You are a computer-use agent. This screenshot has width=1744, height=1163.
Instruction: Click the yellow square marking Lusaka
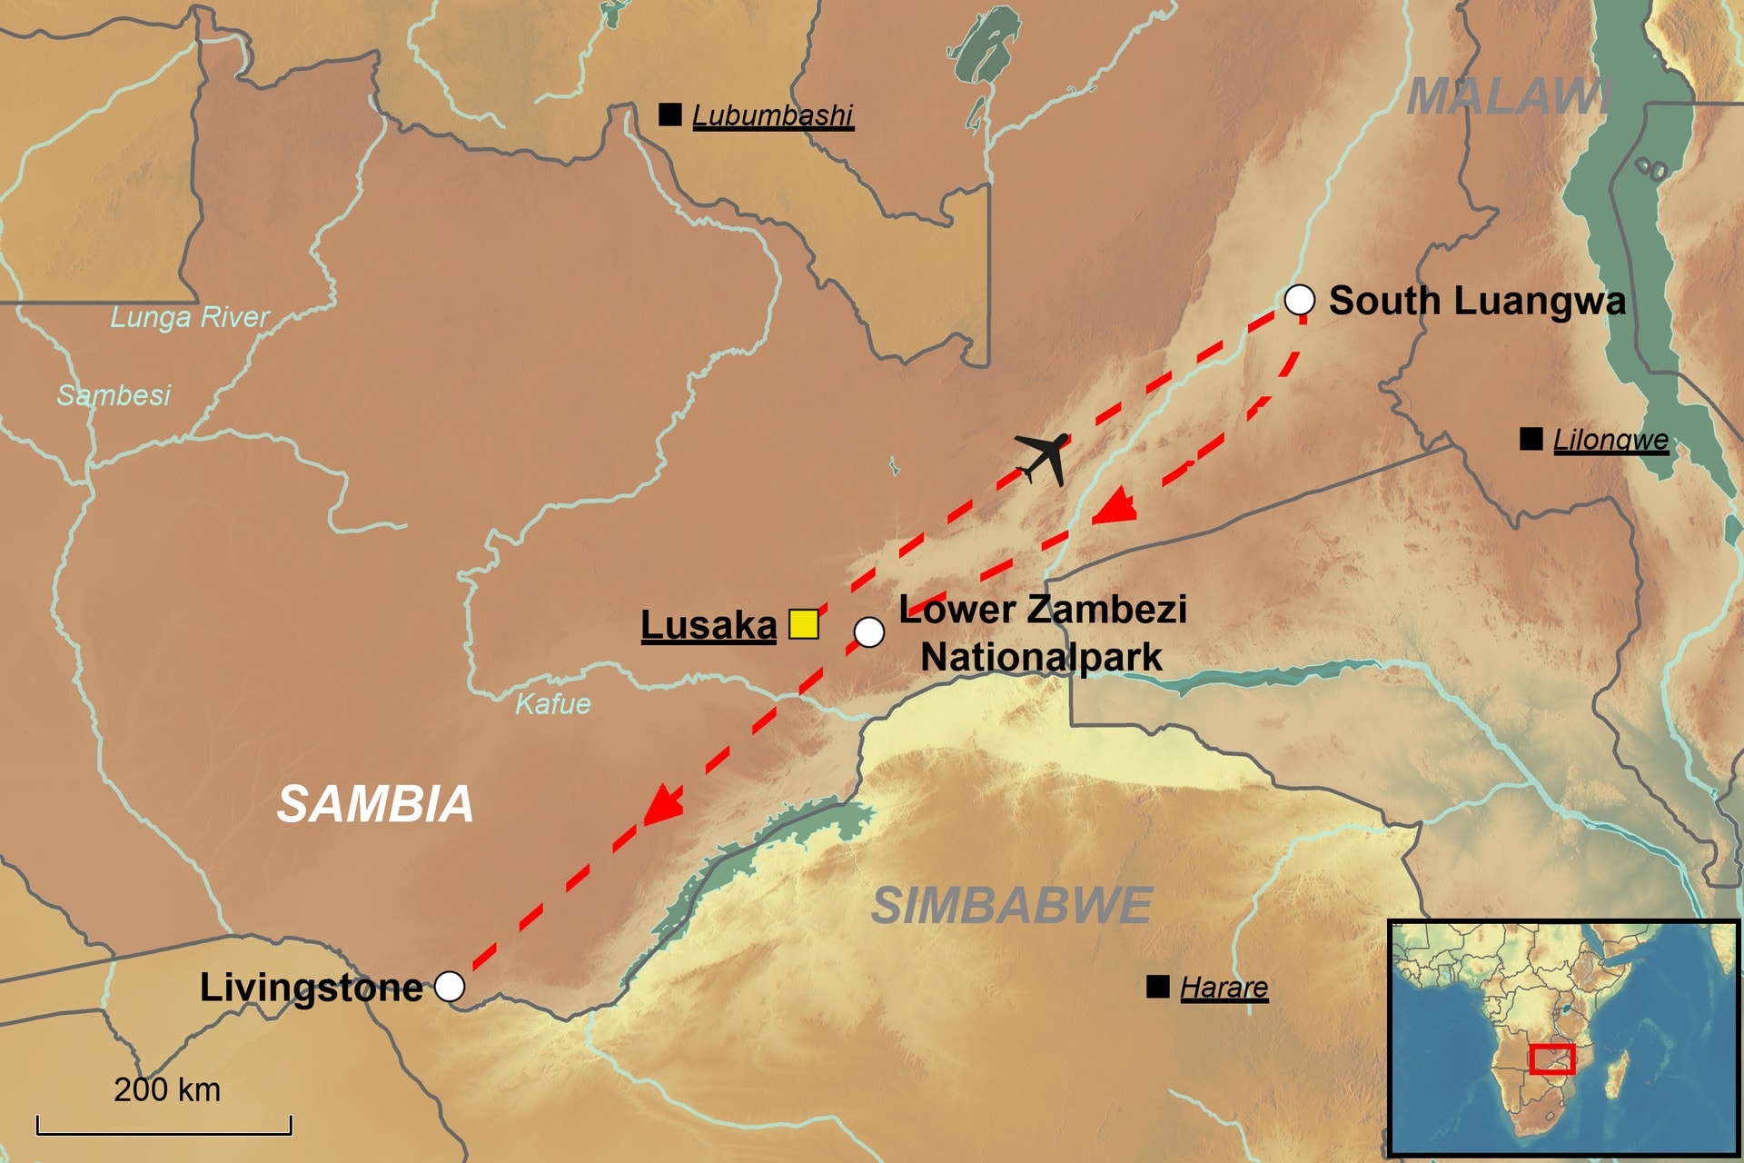[803, 624]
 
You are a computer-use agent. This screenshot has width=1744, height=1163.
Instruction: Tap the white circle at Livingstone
[450, 986]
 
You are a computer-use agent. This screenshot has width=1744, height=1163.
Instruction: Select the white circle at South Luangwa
[1299, 299]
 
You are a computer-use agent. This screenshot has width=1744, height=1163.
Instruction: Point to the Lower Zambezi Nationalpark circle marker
[869, 631]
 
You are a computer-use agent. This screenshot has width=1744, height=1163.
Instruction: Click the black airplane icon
[1044, 457]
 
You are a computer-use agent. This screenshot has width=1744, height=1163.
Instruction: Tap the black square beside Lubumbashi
[670, 114]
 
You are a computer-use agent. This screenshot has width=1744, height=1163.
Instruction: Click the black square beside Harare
[1158, 987]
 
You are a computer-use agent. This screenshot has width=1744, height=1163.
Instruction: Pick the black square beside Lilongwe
[1531, 439]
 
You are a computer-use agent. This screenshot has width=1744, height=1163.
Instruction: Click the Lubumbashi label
[772, 115]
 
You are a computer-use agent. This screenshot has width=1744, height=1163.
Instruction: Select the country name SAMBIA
[375, 804]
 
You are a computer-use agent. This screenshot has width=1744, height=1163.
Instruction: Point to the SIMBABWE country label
[1011, 906]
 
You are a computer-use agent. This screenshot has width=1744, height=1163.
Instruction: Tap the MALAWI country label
[1508, 96]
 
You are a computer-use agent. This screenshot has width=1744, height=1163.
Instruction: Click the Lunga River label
[190, 317]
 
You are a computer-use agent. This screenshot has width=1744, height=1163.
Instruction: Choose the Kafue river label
[552, 704]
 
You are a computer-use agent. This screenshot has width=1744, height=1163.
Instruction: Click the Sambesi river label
[114, 395]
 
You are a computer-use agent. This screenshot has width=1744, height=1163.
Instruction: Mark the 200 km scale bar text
[167, 1089]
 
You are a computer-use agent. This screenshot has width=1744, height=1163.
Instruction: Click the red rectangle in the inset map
[1551, 1059]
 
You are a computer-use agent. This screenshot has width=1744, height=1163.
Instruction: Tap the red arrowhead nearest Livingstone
[663, 804]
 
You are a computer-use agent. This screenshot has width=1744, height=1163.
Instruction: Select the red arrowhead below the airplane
[1115, 506]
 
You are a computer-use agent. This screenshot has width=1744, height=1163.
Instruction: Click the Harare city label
[1224, 988]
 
